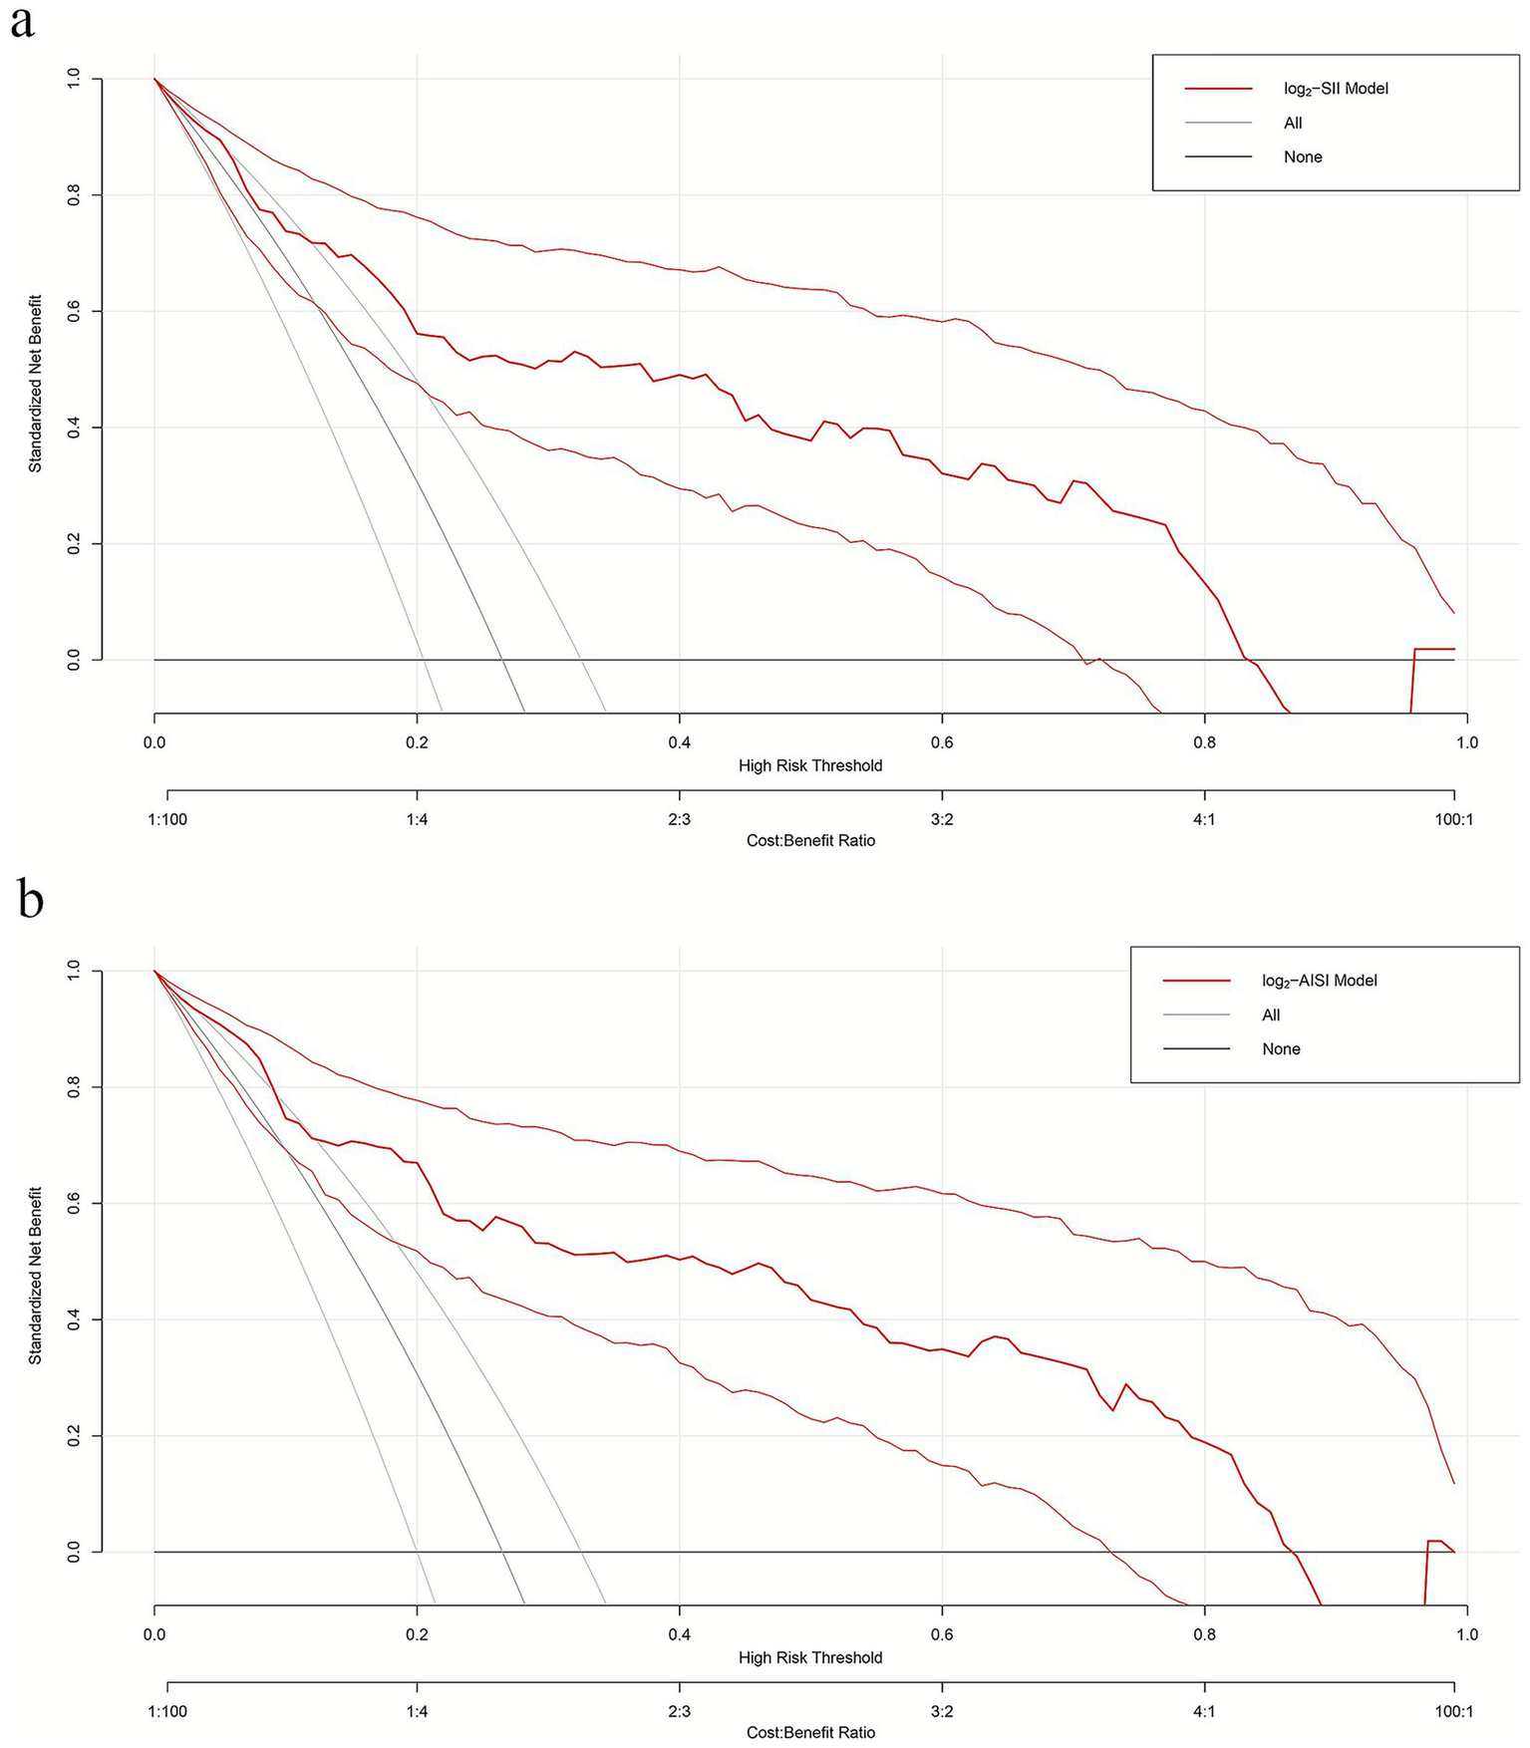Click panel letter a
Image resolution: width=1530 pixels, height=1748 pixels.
tap(21, 22)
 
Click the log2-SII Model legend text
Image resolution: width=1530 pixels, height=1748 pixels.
tap(1336, 89)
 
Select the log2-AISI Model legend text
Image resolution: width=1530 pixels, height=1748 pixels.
tap(1319, 981)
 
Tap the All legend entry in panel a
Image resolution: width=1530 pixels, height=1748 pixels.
tap(1293, 123)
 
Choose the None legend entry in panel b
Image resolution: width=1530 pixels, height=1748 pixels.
tap(1281, 1049)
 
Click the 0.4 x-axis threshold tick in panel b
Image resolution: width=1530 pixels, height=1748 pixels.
tap(679, 1634)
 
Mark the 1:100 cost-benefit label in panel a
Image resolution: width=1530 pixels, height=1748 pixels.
tap(167, 819)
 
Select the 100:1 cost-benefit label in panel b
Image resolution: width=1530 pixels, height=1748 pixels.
tap(1453, 1711)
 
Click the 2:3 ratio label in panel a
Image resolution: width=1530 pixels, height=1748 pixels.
tap(679, 819)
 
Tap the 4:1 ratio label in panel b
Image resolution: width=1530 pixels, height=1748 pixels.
tap(1204, 1711)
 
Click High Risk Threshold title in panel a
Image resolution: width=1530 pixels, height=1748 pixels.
tap(809, 765)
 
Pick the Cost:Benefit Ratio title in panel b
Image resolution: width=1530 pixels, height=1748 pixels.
tap(809, 1732)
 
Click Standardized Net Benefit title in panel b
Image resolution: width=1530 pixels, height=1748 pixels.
tap(35, 1275)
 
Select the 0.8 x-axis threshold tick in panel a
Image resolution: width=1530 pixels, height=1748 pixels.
tap(1204, 742)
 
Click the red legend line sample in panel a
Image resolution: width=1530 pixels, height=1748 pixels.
tap(1218, 89)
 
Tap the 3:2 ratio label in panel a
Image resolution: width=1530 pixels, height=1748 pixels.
tap(941, 819)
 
